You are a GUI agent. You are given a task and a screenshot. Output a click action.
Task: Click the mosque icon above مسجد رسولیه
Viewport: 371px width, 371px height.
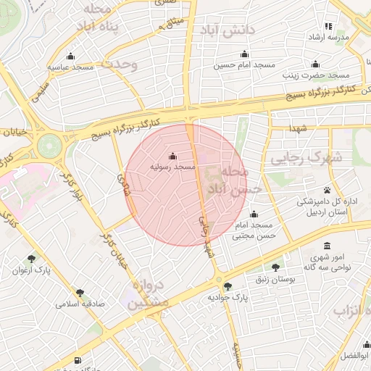172,156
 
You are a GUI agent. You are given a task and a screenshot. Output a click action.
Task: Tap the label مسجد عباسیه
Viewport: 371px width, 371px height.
72,67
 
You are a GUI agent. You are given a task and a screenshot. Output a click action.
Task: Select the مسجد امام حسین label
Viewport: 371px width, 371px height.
244,65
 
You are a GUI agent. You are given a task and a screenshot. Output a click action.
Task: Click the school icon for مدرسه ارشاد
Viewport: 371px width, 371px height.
328,26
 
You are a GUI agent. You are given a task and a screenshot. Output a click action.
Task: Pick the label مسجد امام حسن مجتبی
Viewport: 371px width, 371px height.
254,230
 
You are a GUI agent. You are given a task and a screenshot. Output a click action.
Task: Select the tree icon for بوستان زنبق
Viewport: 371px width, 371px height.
274,267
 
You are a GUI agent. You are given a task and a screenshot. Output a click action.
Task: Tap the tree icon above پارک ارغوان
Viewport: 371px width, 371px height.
31,259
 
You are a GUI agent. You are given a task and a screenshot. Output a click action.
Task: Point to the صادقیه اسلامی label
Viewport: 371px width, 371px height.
80,304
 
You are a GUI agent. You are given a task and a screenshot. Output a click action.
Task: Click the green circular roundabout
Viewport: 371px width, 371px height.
51,145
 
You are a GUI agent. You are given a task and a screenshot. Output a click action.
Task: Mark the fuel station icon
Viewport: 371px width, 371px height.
78,360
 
